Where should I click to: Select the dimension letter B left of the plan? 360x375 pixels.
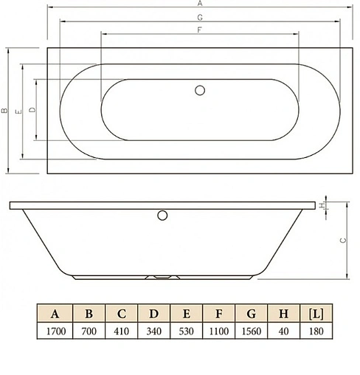4,111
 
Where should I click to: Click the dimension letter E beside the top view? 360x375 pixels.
17,111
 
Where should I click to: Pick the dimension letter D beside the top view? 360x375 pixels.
31,111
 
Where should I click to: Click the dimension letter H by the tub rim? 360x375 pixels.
322,205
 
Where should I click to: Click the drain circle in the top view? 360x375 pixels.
199,90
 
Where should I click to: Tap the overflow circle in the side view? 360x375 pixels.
163,216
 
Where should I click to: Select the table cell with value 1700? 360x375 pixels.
55,330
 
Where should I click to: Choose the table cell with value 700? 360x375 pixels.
89,330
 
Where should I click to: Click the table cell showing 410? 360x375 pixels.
121,330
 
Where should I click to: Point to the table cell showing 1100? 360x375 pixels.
219,330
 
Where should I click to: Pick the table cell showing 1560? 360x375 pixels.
252,330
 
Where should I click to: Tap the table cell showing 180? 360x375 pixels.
317,330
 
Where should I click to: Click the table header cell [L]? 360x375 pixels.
317,313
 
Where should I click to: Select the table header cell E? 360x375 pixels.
187,313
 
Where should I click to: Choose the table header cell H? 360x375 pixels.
285,313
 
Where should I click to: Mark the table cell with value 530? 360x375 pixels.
187,330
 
